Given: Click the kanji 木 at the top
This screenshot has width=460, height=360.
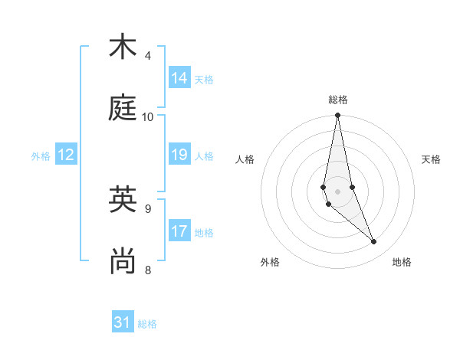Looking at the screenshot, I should (122, 47).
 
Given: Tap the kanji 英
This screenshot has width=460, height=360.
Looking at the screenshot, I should (122, 198).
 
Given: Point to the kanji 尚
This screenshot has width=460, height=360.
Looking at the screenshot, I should (122, 260).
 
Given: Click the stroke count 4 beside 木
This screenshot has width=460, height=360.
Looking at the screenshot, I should (148, 55).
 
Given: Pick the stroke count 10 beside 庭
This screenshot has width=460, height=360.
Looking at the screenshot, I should (148, 116).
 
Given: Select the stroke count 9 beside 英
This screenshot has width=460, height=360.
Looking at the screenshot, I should (148, 208).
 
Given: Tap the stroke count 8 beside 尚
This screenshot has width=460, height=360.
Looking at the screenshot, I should (148, 269).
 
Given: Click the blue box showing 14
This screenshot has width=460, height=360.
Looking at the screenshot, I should (179, 78).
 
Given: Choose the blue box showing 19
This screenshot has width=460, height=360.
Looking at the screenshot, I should (179, 155).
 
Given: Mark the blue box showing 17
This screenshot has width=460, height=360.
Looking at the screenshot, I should (179, 231).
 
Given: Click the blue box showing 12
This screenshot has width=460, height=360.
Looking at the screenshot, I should (66, 155).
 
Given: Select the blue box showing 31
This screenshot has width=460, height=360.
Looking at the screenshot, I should (123, 322).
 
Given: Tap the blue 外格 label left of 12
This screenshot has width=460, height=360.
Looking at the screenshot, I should (41, 156).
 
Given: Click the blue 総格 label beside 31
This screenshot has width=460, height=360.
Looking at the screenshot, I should (147, 324).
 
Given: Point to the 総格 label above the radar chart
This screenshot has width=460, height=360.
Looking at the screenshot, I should (338, 100).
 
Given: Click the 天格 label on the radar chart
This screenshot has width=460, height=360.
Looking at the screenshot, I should (431, 159).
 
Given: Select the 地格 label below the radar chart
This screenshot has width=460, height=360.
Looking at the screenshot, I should (402, 262).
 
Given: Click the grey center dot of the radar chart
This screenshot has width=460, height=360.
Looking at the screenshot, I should (338, 191).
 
